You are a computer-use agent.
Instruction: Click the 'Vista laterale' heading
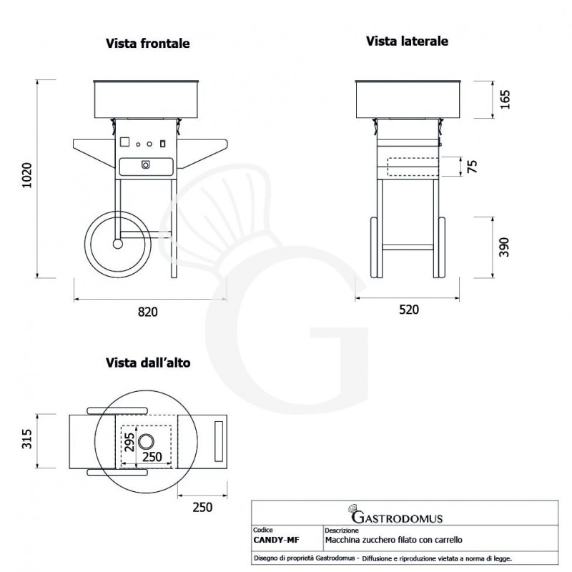(x=408, y=41)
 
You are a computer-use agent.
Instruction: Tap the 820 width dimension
(x=147, y=312)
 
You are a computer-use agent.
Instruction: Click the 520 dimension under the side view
(x=408, y=310)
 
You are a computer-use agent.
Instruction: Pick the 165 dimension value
(x=505, y=99)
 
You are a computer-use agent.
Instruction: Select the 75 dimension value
(x=471, y=166)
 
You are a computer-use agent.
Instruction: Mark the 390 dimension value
(x=505, y=246)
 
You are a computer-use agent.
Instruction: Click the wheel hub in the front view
(x=117, y=243)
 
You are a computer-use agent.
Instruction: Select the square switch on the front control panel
(x=125, y=142)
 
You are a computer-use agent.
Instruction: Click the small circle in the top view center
(x=147, y=441)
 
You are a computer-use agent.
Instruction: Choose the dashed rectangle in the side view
(x=412, y=166)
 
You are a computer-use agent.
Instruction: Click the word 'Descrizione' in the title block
(x=341, y=531)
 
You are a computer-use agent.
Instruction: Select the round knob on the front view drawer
(x=146, y=165)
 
